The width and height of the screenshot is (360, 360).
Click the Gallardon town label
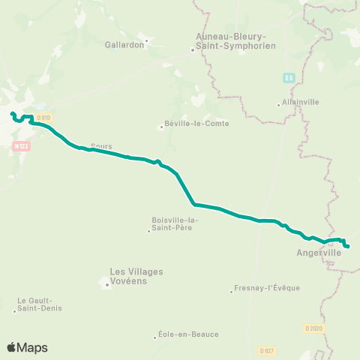tap(124, 44)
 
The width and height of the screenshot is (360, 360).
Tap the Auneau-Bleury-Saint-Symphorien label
tap(235, 40)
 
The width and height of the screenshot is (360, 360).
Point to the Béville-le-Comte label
tap(196, 124)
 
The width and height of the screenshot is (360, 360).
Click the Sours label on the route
tap(100, 145)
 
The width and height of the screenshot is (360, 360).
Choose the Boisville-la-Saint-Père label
tap(172, 223)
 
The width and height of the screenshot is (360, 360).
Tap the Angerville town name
tap(319, 253)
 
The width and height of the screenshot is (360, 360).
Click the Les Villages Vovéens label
tap(136, 275)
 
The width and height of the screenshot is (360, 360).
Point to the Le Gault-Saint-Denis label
tap(40, 304)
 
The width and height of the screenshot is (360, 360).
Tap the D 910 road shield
tap(43, 118)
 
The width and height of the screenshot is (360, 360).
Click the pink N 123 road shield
tap(21, 146)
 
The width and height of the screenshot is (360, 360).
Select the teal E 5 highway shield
tap(289, 77)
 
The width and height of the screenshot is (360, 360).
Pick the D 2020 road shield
tap(313, 328)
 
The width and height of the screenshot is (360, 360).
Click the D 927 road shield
tap(265, 350)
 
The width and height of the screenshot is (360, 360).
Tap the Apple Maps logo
tap(27, 347)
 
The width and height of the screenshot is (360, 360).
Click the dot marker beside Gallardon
tap(147, 40)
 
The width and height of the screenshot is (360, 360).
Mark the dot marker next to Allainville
tap(279, 104)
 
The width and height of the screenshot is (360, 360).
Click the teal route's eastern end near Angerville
tap(348, 245)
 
